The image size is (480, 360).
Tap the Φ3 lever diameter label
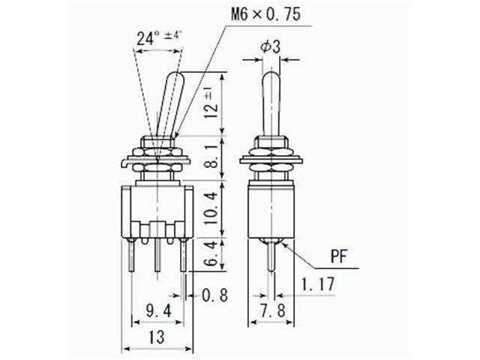coord(271,46)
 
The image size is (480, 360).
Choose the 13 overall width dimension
coord(156,338)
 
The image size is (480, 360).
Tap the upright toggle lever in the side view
coord(271,101)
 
